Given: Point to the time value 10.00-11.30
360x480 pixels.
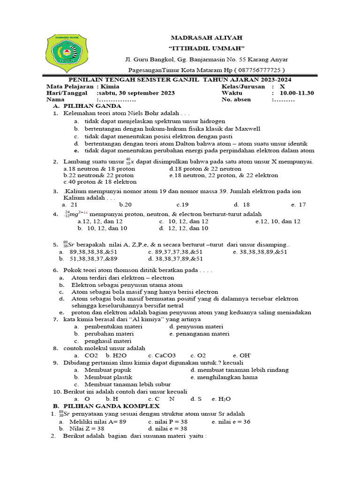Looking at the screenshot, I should tap(297, 93).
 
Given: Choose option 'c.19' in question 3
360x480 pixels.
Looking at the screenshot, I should tap(182, 204).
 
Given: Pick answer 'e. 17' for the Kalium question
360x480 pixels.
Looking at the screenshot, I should tap(298, 204).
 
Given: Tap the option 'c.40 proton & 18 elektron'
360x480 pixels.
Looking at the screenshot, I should tap(100, 182).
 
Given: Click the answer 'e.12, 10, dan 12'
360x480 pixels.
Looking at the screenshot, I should tap(278, 221).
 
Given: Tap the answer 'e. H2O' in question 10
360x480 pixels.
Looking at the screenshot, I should tap(221, 398).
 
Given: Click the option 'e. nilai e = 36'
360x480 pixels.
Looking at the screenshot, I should tap(231, 422).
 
